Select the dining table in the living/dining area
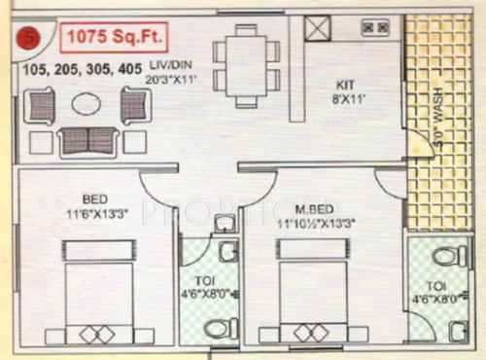click(247, 62)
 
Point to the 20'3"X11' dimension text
click(166, 82)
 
